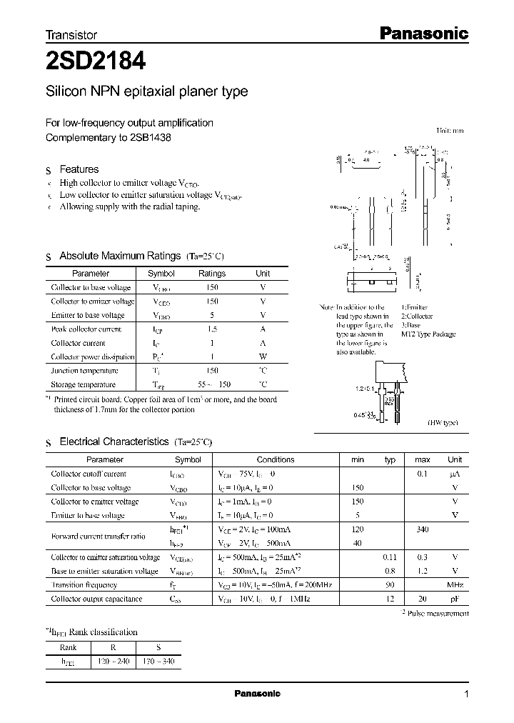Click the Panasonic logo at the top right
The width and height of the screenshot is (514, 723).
tap(432, 33)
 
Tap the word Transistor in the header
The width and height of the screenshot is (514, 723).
tap(71, 34)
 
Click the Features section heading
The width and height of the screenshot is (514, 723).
tap(79, 169)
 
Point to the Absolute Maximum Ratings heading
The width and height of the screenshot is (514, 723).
tap(120, 256)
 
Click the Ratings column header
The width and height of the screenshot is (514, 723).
tap(211, 274)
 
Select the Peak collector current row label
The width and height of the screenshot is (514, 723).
tap(86, 329)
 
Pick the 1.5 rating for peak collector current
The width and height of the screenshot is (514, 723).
tap(211, 329)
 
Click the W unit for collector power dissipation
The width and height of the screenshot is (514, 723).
tap(263, 357)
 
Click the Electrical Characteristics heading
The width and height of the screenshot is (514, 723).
tap(114, 442)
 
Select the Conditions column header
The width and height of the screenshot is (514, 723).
tap(276, 460)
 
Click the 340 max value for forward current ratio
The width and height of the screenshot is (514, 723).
tap(422, 529)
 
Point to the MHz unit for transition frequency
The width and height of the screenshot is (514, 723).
tap(455, 585)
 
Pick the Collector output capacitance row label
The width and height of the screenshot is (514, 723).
tap(96, 599)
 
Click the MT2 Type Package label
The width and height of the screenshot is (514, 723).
tap(428, 334)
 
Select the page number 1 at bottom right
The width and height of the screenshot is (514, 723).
tap(466, 694)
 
